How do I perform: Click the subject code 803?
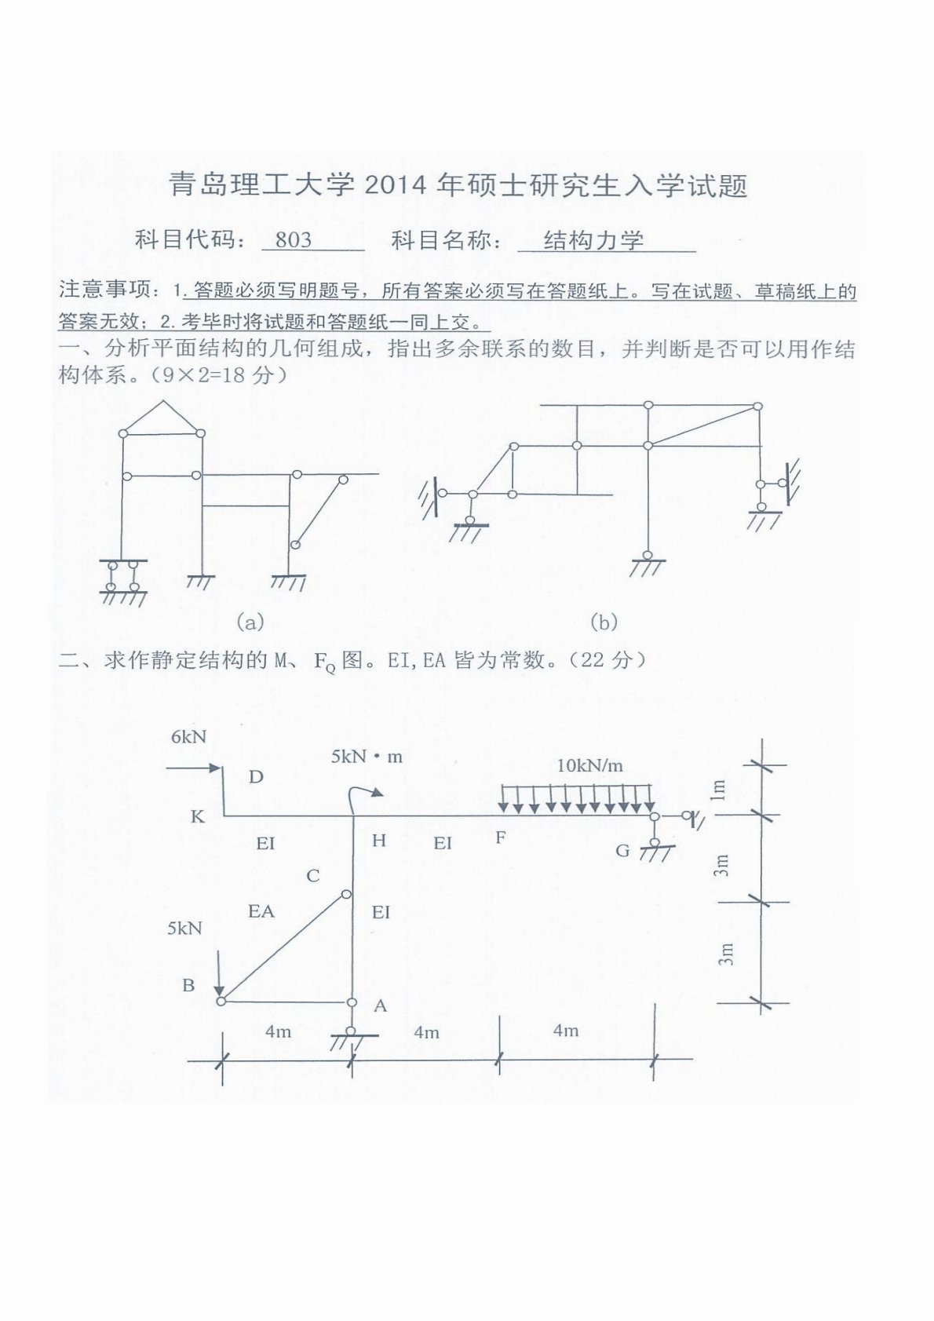click(x=294, y=239)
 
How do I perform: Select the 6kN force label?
click(x=188, y=736)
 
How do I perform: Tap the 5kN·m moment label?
click(x=367, y=757)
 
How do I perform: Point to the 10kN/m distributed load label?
click(x=589, y=765)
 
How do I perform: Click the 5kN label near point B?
click(x=184, y=929)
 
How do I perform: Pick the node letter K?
click(x=197, y=817)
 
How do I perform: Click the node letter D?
click(x=256, y=777)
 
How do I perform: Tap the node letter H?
click(x=379, y=841)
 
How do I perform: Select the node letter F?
click(x=501, y=837)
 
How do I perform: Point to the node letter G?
click(x=622, y=850)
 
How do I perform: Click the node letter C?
click(x=313, y=875)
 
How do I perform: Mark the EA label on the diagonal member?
click(x=261, y=911)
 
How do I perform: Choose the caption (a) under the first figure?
click(x=250, y=622)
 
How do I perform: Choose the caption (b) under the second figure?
click(x=604, y=622)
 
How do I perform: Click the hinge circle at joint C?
click(x=347, y=894)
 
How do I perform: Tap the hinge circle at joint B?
click(x=221, y=1001)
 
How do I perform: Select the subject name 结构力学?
click(x=593, y=239)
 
